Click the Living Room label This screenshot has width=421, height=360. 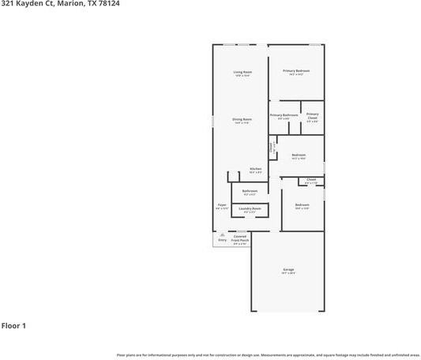242,73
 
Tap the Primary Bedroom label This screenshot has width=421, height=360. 296,71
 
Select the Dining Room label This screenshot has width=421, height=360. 242,119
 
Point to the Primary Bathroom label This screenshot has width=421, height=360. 284,115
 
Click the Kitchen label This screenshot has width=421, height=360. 256,169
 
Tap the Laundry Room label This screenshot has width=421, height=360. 250,208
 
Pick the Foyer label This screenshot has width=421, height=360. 222,205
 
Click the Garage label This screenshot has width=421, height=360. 288,270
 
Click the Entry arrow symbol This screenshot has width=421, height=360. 222,235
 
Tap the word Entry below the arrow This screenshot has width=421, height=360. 222,240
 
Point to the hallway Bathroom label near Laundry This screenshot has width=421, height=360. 250,191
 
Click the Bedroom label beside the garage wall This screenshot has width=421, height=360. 302,205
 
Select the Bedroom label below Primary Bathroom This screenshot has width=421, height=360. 299,155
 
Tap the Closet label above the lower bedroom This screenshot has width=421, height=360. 311,179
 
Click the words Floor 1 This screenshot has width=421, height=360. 13,325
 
